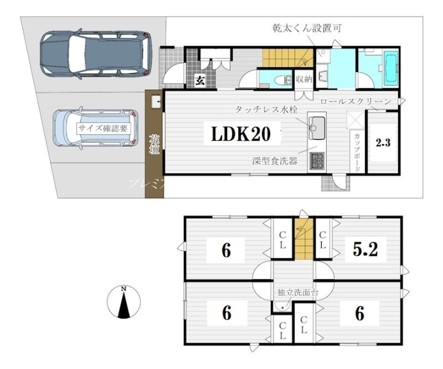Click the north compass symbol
coord(124,303)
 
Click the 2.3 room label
coord(383,143)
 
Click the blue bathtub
coord(390,69)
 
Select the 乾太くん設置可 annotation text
coord(307,28)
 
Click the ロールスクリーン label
coord(356,100)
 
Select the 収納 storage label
coord(303,79)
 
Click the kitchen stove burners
coord(317,162)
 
